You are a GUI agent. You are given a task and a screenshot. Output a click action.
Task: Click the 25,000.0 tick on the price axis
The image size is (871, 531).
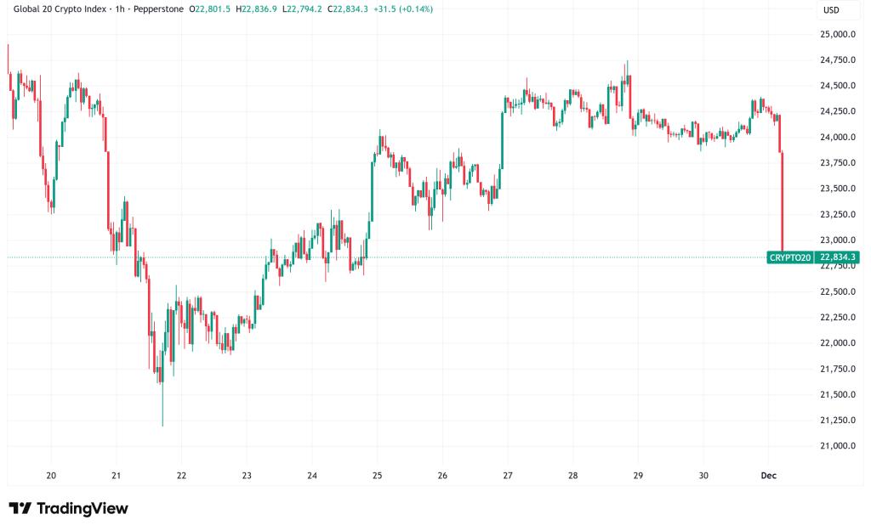click(837, 34)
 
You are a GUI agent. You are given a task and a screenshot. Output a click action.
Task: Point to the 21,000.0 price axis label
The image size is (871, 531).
click(837, 446)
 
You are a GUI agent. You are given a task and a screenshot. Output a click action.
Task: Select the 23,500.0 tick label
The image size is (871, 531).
click(837, 189)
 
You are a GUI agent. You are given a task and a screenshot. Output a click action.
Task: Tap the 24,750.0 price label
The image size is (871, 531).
click(837, 59)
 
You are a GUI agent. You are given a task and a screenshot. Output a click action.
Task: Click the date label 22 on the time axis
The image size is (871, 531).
click(181, 476)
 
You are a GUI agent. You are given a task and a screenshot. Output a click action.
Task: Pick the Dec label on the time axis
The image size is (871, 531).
click(768, 476)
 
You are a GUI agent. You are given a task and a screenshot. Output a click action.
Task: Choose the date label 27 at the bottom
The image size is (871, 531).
click(508, 476)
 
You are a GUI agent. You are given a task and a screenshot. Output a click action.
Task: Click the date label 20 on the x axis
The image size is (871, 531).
click(51, 476)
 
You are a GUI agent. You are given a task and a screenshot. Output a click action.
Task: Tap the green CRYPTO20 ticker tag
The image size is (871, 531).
click(790, 257)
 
